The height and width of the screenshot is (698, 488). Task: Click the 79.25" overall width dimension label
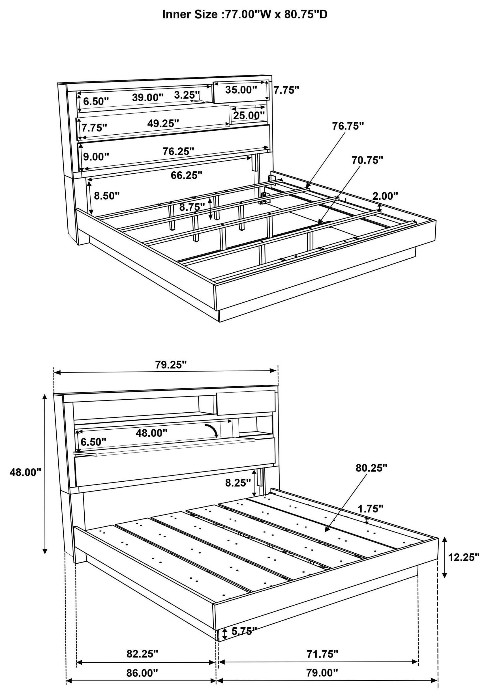[171, 365]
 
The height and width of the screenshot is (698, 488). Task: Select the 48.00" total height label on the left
[25, 472]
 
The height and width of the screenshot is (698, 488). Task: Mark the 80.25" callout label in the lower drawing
[371, 468]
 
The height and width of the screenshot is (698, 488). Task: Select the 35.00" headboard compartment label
[241, 90]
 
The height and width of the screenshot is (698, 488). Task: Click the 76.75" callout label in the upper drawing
[348, 126]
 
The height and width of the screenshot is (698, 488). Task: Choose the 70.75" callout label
[367, 160]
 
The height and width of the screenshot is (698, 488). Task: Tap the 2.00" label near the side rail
[385, 196]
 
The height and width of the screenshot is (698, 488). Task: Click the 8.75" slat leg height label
[192, 207]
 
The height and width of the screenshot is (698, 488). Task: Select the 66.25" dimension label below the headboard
[186, 175]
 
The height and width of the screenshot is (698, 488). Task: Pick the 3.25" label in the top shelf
[187, 95]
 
